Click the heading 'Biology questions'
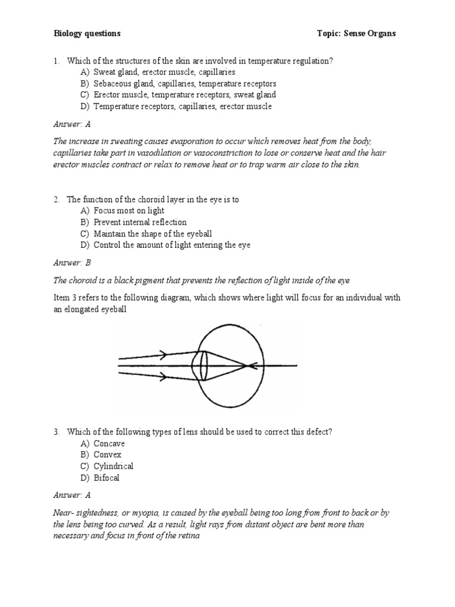87,34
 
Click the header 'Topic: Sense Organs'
356,34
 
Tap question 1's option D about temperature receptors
182,107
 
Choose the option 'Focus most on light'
129,210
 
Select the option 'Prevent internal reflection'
140,222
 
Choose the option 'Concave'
109,443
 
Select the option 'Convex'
107,455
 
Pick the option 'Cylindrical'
113,467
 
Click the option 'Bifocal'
107,478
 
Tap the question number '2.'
57,199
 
